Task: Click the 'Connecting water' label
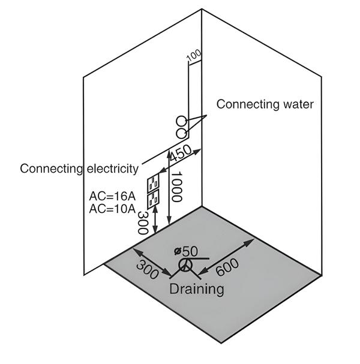tap(265, 104)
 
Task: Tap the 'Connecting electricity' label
tap(79, 168)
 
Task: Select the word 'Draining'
tap(196, 288)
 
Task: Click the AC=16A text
tap(112, 196)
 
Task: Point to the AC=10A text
tap(112, 209)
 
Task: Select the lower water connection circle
tap(181, 131)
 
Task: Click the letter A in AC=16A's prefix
tap(92, 196)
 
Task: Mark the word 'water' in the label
tap(298, 104)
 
